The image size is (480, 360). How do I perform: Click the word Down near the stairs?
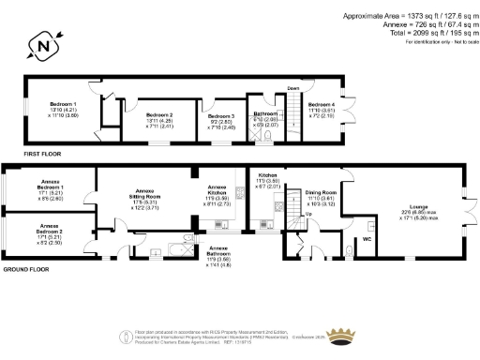[x=292, y=89]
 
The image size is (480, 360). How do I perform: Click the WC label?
[x=367, y=239]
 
